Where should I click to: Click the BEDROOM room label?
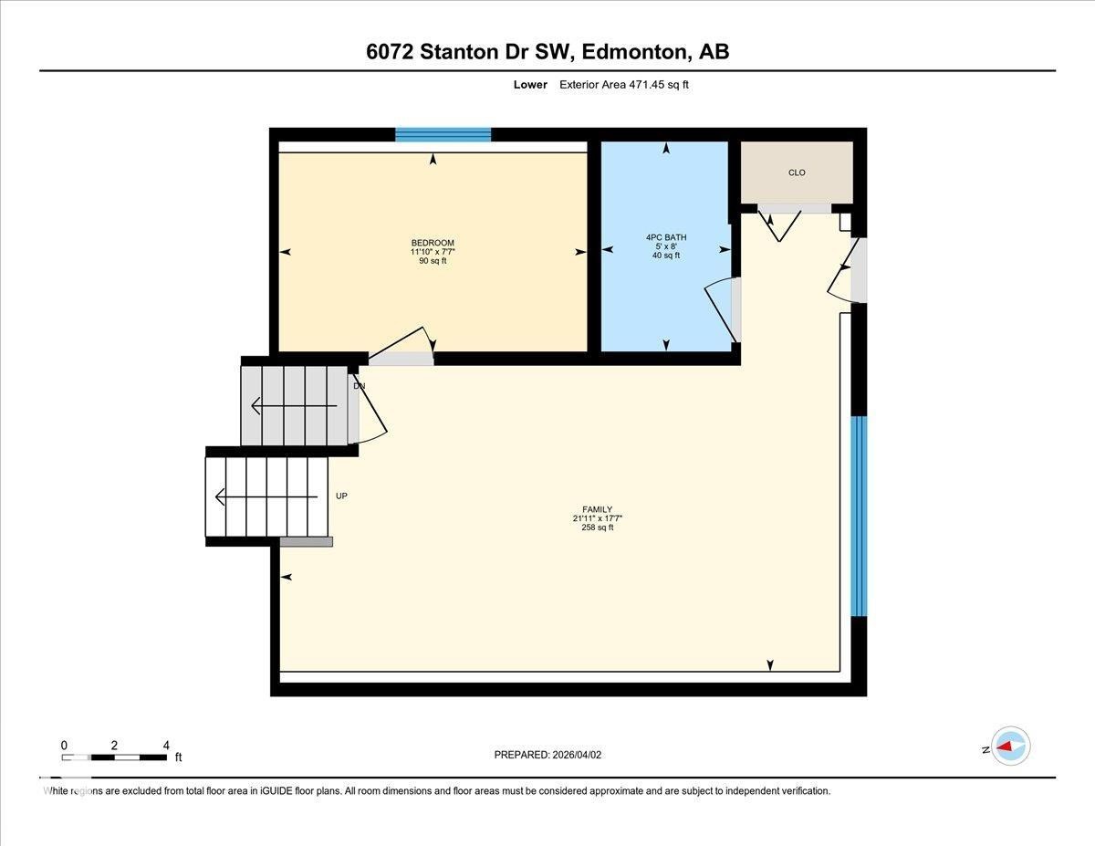click(x=433, y=243)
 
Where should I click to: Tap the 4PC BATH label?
click(x=666, y=237)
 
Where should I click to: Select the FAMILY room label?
click(x=597, y=509)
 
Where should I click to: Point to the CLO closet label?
click(x=797, y=172)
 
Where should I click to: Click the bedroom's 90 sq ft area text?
click(x=433, y=261)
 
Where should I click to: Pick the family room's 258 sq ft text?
click(x=597, y=527)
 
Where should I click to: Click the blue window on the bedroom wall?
click(x=443, y=135)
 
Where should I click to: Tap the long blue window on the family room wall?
click(x=858, y=516)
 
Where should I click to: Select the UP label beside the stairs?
click(x=342, y=496)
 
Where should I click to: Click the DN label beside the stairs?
click(x=360, y=386)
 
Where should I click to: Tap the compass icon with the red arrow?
click(x=1010, y=746)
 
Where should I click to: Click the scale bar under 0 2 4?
click(x=114, y=757)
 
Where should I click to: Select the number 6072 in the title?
click(x=390, y=52)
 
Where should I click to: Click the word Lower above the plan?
click(x=530, y=85)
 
